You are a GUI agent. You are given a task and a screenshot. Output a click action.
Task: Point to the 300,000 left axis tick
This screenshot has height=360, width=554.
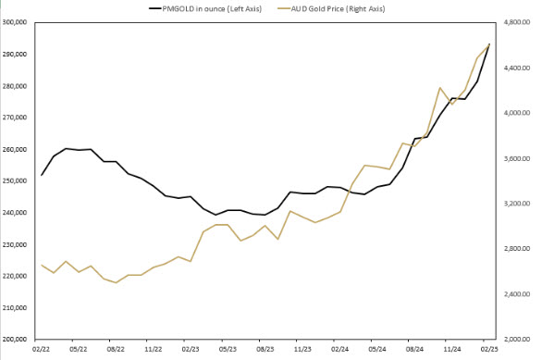(17, 22)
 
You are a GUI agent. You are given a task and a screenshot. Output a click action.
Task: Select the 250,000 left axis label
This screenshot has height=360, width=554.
(17, 181)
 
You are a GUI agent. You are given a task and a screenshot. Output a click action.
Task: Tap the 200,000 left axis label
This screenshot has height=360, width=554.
(17, 340)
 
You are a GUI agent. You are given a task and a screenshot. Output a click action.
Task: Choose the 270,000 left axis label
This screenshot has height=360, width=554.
(17, 118)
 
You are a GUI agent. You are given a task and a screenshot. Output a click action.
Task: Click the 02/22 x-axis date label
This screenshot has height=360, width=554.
(42, 350)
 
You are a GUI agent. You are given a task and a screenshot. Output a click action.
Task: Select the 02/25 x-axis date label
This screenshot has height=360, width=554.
(489, 350)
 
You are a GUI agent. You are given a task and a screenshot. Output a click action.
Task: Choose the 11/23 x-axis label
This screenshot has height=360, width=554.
(302, 350)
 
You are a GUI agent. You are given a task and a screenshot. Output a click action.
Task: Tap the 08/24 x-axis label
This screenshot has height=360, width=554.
(414, 350)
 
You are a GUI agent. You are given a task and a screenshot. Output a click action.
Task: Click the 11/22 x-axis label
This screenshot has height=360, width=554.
(154, 350)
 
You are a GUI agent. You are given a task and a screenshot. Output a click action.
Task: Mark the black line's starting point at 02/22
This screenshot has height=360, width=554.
(42, 175)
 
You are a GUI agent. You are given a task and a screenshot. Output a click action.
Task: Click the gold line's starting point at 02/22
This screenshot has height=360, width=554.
(42, 266)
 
